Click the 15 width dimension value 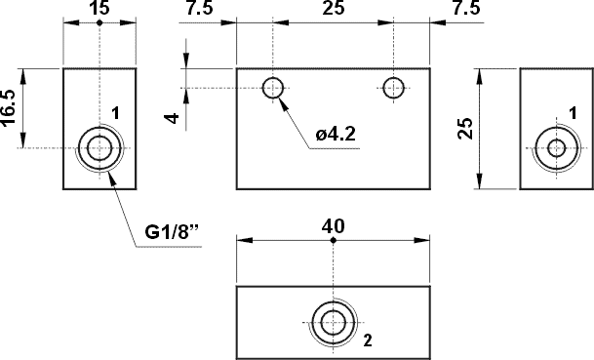click(99, 9)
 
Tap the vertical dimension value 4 click(172, 118)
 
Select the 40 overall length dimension click(333, 225)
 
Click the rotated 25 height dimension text click(465, 128)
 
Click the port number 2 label click(367, 340)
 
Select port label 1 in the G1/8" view click(115, 113)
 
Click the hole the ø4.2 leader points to click(273, 88)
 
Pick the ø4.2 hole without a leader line click(393, 88)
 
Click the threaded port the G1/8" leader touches click(99, 148)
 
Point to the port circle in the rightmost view click(556, 148)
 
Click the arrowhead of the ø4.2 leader click(280, 98)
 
